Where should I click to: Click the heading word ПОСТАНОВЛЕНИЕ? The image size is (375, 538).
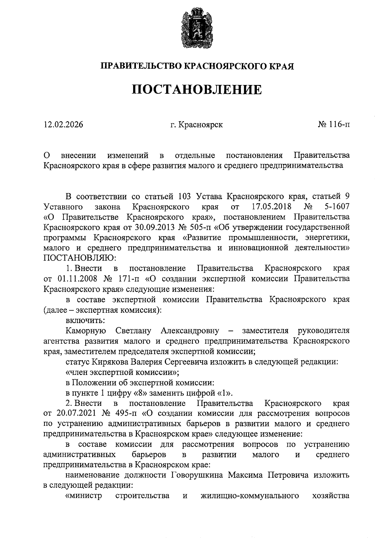pyautogui.click(x=197, y=90)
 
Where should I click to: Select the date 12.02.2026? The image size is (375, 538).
pyautogui.click(x=63, y=125)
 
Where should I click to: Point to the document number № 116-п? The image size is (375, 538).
pyautogui.click(x=334, y=125)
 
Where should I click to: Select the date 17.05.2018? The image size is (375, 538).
pyautogui.click(x=271, y=207)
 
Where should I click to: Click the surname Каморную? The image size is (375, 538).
pyautogui.click(x=86, y=330)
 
